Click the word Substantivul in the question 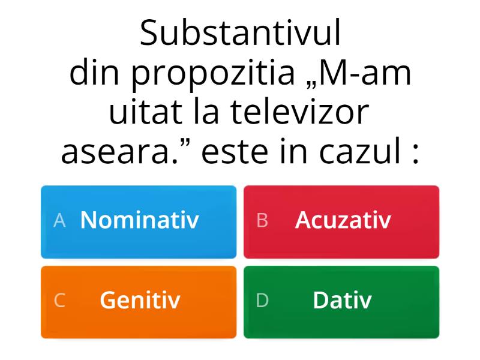click(x=240, y=34)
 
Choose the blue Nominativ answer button click(x=139, y=221)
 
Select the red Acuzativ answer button click(x=341, y=221)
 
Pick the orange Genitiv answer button click(x=139, y=301)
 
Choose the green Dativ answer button click(x=341, y=301)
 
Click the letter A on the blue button click(x=59, y=221)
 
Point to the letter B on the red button click(x=262, y=221)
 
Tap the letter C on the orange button click(x=59, y=301)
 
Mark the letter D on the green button click(x=262, y=301)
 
